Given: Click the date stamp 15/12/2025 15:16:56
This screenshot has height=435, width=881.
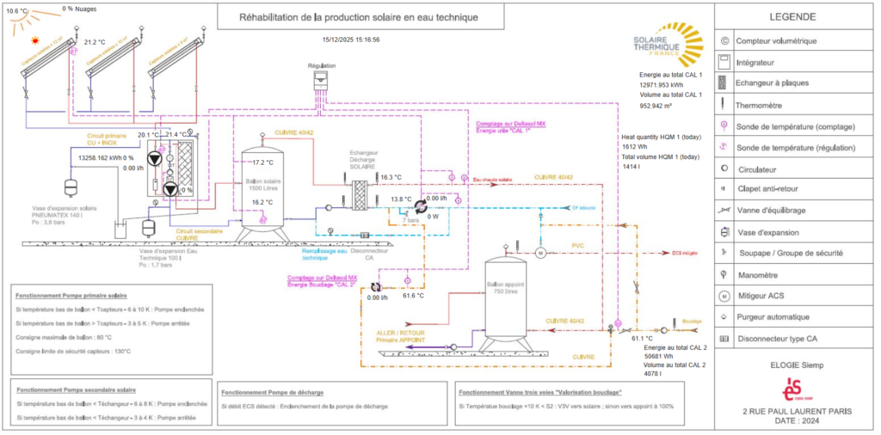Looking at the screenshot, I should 351,40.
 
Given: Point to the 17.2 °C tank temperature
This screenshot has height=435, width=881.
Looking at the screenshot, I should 262,162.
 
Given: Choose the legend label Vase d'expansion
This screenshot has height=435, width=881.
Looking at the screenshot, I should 771,232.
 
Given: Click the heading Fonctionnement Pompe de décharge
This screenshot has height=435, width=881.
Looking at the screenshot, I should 273,391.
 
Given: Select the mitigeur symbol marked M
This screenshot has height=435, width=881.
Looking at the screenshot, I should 542,253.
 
